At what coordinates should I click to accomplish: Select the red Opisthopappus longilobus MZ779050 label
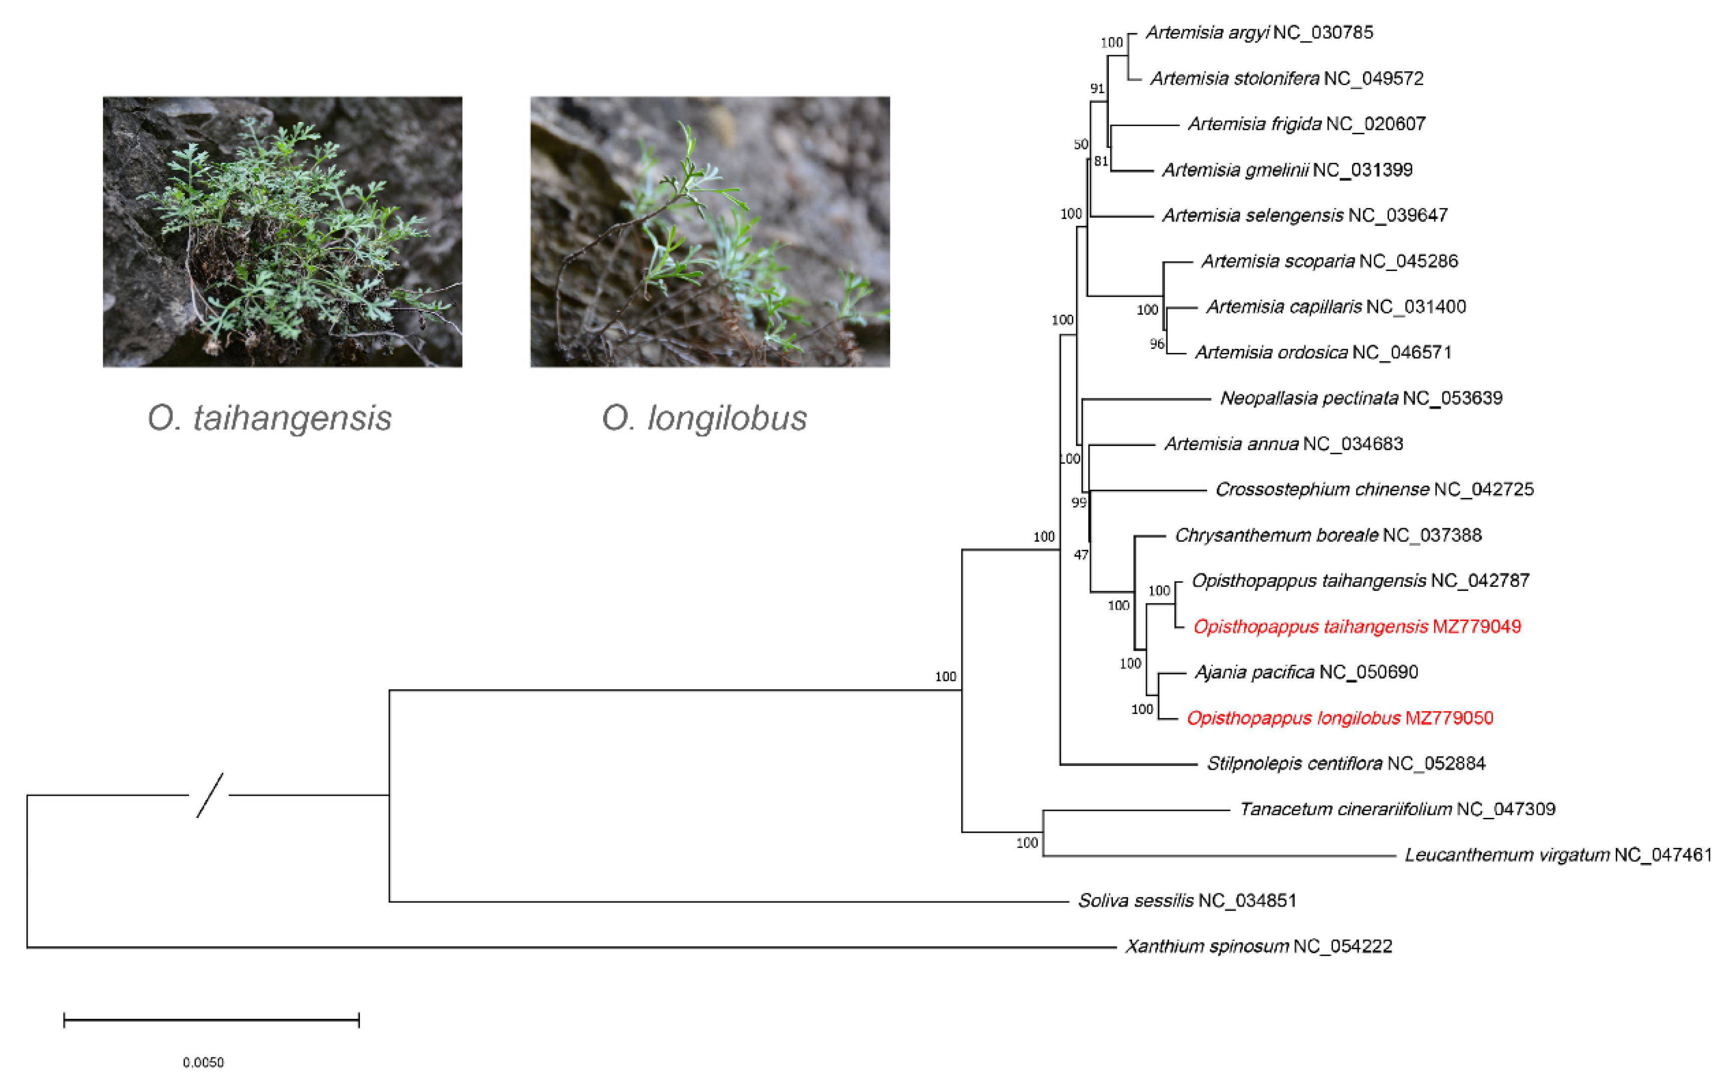click(1339, 718)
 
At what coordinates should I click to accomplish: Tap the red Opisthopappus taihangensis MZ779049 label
click(1357, 627)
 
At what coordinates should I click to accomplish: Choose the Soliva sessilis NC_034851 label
click(1187, 901)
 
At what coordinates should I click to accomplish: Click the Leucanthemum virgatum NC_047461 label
click(1558, 855)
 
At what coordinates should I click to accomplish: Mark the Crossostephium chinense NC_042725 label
click(1375, 490)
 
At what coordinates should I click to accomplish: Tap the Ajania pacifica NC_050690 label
click(1306, 672)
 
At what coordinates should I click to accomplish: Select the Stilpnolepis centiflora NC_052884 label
click(1346, 764)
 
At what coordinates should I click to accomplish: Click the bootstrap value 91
click(1097, 89)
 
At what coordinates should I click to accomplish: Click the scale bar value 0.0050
click(204, 1062)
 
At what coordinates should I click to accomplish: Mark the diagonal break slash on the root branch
click(210, 795)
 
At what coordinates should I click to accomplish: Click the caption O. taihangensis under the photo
click(269, 418)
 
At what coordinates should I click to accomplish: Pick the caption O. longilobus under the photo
click(704, 418)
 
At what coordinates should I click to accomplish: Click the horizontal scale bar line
click(211, 1020)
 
